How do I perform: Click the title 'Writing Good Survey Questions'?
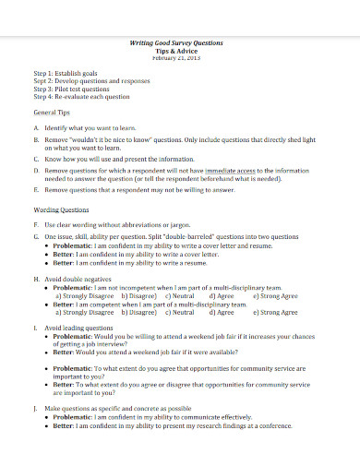pyautogui.click(x=180, y=43)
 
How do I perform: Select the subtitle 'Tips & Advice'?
pyautogui.click(x=180, y=51)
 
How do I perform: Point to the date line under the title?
pyautogui.click(x=180, y=58)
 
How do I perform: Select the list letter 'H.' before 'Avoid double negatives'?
pyautogui.click(x=35, y=279)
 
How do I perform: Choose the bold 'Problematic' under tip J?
pyautogui.click(x=75, y=415)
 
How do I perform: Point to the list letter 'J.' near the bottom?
pyautogui.click(x=35, y=407)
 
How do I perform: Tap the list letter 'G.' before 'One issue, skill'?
pyautogui.click(x=35, y=237)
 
